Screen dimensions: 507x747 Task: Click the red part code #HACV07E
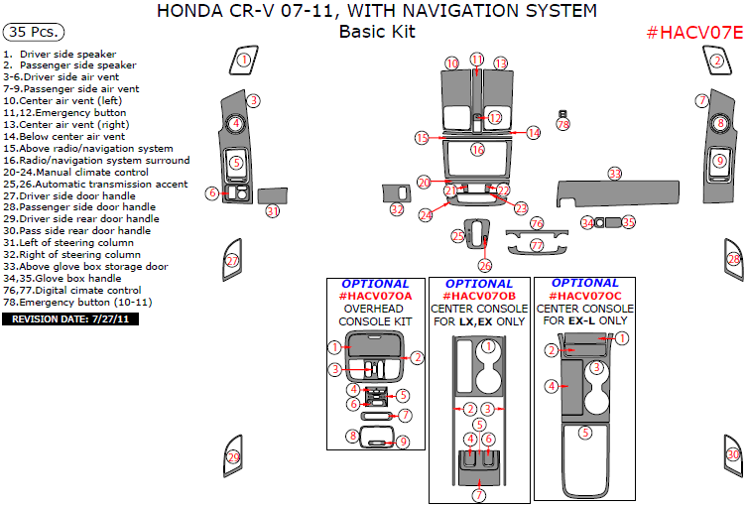[693, 32]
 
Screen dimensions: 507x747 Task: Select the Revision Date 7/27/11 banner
[72, 319]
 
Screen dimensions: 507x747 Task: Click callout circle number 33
[615, 174]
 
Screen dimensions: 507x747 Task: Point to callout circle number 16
[477, 150]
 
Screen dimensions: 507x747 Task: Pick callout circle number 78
[563, 124]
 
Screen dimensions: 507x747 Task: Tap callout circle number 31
[272, 210]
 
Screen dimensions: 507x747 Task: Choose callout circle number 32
[397, 209]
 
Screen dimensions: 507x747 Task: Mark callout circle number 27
[232, 261]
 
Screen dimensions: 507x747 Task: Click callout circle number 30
[733, 455]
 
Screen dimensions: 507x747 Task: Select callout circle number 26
[485, 265]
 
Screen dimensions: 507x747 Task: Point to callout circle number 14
[534, 132]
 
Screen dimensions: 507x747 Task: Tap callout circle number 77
[537, 244]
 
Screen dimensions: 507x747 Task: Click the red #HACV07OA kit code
[375, 295]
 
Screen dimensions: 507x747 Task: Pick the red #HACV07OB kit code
[479, 295]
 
